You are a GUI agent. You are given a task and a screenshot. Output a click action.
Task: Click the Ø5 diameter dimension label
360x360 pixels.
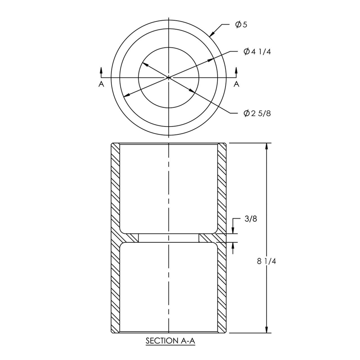tap(241, 25)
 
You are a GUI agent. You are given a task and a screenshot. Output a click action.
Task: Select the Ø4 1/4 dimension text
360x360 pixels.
tap(257, 51)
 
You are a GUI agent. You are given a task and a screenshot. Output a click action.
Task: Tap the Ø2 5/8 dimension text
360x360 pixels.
tap(257, 113)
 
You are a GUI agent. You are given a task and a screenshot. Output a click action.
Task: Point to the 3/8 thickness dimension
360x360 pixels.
tap(251, 219)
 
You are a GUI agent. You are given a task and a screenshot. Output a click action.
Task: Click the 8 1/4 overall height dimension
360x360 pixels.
tap(266, 261)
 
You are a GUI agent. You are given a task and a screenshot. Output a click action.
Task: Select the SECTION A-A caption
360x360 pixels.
tap(170, 341)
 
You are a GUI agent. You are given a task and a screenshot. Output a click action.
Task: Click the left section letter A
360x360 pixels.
tap(101, 84)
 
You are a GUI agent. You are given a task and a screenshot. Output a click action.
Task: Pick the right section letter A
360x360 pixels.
tap(237, 84)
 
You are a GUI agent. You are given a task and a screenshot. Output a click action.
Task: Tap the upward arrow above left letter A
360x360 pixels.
tap(101, 70)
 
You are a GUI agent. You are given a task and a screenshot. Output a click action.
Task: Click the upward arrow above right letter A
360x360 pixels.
tap(236, 70)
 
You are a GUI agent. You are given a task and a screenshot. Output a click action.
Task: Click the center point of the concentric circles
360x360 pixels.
tap(168, 77)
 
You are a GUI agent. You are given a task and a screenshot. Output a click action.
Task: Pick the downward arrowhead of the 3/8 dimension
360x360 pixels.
tap(233, 230)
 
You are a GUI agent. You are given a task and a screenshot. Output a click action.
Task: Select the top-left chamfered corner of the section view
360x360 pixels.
tap(112, 144)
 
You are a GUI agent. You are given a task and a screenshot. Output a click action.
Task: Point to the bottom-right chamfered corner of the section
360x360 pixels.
tap(225, 332)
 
